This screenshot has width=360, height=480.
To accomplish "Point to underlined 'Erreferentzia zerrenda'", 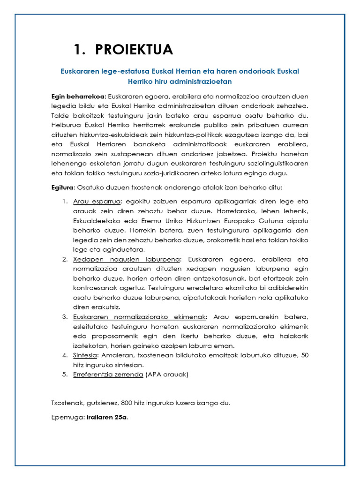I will coord(108,375).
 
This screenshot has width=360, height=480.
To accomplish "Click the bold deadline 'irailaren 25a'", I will coord(107,418).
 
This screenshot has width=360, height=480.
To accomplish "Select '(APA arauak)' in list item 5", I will coord(167,375).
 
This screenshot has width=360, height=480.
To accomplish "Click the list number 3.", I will coord(65,317).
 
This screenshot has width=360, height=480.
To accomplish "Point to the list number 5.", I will coord(65,375).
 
